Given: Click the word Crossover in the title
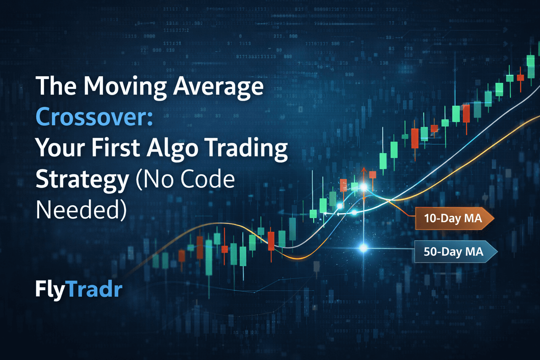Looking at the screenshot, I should click(x=94, y=117).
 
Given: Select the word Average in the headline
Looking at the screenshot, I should click(x=218, y=86).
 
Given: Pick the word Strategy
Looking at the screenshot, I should click(x=83, y=180).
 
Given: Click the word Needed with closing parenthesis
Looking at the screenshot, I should click(x=81, y=210).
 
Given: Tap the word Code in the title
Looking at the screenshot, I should click(x=207, y=179).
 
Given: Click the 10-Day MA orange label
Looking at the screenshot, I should click(x=453, y=218).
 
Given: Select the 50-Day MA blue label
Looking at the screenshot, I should click(x=454, y=252).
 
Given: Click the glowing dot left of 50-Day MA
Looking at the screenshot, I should click(x=364, y=248).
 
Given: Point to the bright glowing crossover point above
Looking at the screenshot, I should click(x=364, y=187).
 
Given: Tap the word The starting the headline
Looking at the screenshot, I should click(x=56, y=86).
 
